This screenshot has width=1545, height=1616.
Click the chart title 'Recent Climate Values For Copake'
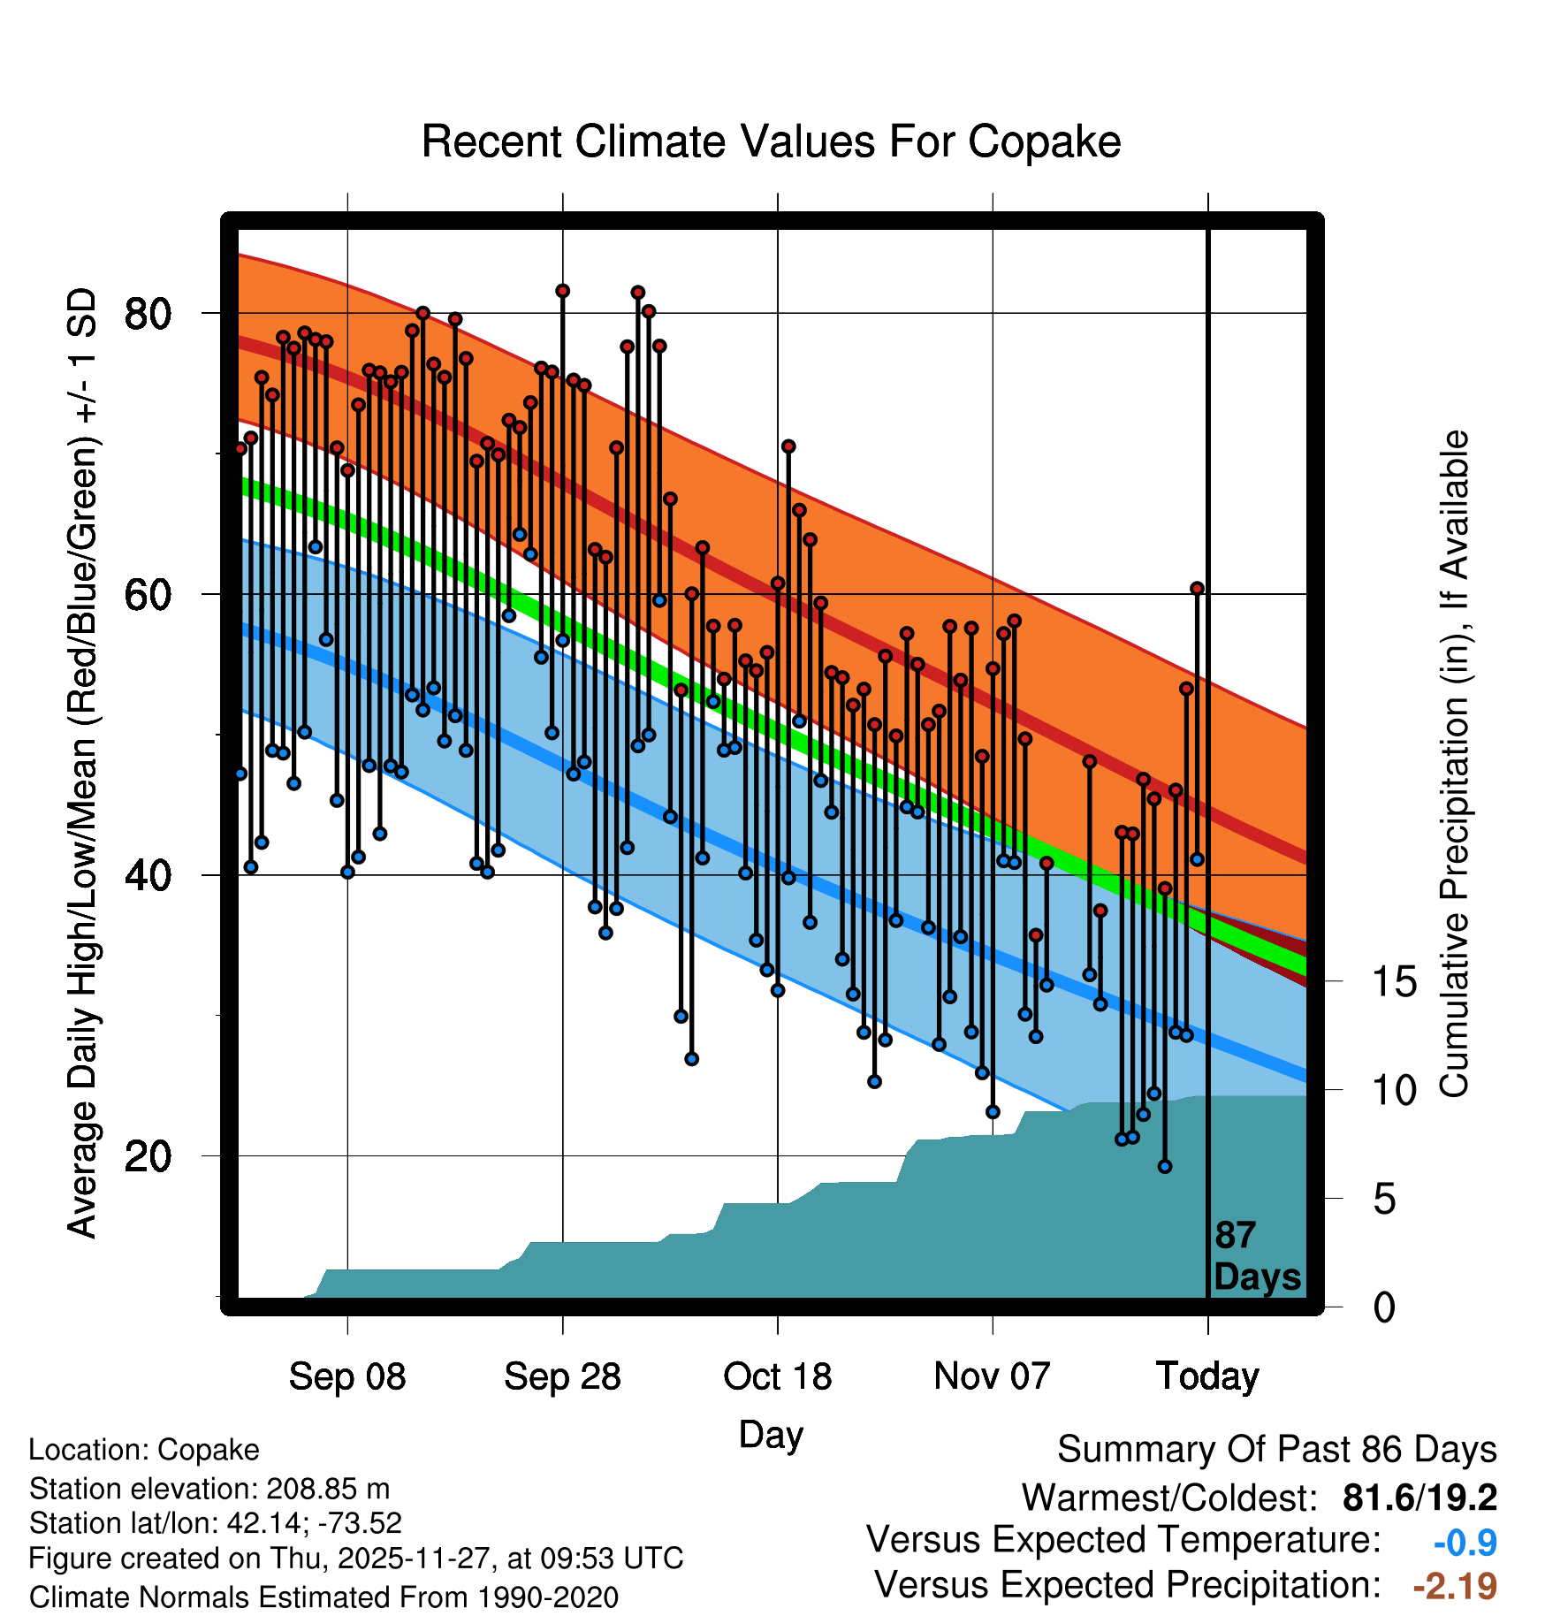771,141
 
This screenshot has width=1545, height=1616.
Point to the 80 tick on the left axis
148,314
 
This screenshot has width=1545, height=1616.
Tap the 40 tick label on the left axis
148,875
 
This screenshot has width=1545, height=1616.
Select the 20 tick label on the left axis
148,1156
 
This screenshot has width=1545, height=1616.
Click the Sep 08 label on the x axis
347,1376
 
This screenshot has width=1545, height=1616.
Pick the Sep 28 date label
562,1376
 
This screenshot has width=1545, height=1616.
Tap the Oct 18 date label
778,1376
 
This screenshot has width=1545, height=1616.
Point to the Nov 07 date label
992,1376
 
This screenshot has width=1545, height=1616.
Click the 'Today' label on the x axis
1207,1376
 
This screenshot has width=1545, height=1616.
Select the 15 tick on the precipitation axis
1394,982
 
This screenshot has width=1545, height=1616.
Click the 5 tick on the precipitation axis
1384,1200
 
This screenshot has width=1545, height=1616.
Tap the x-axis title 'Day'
771,1435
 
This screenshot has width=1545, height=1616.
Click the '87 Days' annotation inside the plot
1256,1256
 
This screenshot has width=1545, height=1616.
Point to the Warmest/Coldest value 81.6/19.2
1419,1498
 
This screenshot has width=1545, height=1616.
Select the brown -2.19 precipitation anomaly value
1455,1586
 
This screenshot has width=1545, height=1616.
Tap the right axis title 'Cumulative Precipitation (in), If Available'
1454,765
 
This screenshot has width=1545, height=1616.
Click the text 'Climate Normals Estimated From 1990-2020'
323,1597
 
